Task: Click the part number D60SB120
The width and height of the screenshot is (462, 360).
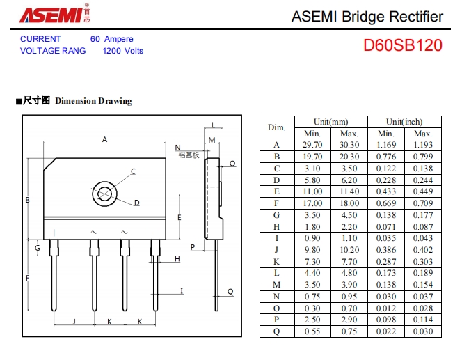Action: (402, 46)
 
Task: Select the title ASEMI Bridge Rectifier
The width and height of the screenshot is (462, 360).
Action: (367, 17)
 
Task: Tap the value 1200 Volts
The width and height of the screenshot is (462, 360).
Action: (123, 51)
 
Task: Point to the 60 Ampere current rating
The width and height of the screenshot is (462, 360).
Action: (111, 39)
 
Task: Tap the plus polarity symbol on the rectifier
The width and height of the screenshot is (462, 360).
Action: (54, 232)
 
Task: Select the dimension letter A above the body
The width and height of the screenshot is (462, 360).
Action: (105, 139)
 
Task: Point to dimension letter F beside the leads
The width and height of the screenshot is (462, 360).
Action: (28, 278)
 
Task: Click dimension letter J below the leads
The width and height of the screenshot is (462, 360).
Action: (74, 322)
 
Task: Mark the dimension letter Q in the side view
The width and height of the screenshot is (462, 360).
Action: (230, 292)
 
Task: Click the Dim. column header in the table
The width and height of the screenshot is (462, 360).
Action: (276, 127)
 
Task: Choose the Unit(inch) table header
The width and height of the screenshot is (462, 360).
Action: (404, 121)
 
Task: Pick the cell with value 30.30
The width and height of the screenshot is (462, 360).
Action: (349, 145)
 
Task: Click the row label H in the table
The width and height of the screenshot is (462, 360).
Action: (276, 227)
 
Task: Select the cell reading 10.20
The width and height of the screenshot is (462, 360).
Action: (349, 249)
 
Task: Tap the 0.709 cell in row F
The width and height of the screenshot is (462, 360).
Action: (423, 203)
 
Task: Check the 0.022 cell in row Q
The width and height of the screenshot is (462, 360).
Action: (386, 332)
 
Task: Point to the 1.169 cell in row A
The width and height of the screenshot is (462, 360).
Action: (386, 145)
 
